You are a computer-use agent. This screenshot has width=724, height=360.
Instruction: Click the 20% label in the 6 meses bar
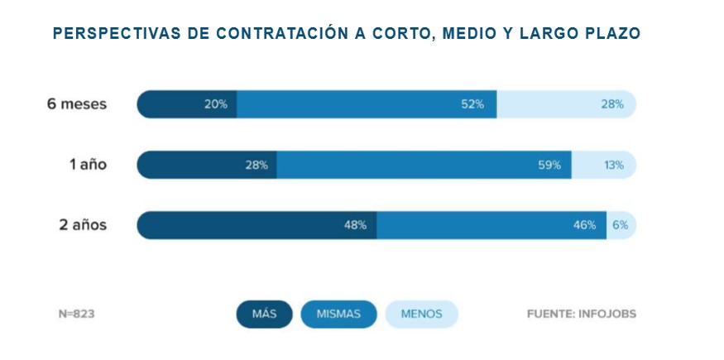[x=217, y=104]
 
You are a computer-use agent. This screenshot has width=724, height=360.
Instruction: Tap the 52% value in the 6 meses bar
[x=473, y=104]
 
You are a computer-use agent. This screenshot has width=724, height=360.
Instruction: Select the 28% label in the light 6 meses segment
[x=612, y=104]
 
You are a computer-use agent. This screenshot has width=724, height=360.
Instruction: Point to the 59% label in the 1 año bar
[x=549, y=165]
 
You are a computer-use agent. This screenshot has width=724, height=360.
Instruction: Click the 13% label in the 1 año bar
[x=614, y=165]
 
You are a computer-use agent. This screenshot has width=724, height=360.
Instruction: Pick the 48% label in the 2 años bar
[x=356, y=225]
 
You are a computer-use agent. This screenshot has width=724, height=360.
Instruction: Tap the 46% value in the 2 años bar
[x=584, y=225]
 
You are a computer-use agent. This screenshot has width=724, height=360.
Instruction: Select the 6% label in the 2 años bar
[x=621, y=225]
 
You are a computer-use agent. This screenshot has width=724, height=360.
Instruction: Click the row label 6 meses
[x=77, y=104]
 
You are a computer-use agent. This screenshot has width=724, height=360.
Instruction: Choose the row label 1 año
[x=88, y=165]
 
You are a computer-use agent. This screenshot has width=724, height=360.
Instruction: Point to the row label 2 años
[x=83, y=225]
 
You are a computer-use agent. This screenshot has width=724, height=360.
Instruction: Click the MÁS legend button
[x=264, y=314]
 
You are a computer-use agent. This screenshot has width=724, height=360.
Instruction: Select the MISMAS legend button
[x=338, y=314]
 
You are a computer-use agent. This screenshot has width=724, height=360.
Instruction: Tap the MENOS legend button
[x=421, y=314]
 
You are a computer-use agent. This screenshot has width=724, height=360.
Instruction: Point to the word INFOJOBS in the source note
[x=607, y=314]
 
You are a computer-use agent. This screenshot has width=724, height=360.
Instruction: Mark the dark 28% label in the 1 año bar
[x=257, y=165]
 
